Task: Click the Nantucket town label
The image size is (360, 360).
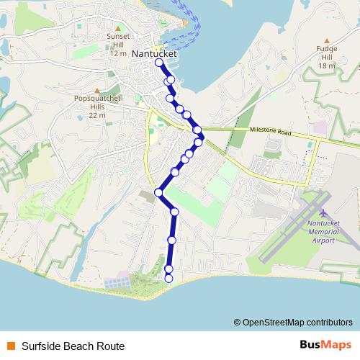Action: tap(155, 54)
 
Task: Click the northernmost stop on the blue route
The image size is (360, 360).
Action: tap(159, 63)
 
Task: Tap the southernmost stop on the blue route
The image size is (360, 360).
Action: tap(169, 278)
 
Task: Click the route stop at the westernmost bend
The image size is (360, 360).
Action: tap(158, 192)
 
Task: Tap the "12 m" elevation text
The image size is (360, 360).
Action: tap(118, 53)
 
